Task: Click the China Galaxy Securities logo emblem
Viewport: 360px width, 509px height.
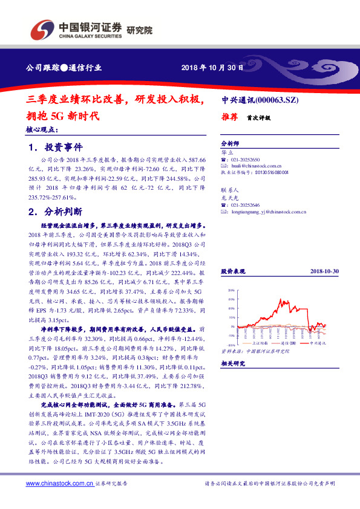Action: pyautogui.click(x=43, y=28)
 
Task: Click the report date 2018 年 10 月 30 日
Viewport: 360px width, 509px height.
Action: pyautogui.click(x=212, y=68)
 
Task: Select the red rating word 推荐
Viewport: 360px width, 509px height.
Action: pyautogui.click(x=231, y=119)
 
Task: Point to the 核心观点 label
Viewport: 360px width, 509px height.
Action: pyautogui.click(x=42, y=129)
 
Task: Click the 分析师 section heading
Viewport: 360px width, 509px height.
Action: pyautogui.click(x=231, y=143)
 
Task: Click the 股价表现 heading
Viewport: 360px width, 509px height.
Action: pyautogui.click(x=232, y=273)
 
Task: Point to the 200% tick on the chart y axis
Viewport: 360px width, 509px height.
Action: pyautogui.click(x=231, y=290)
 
